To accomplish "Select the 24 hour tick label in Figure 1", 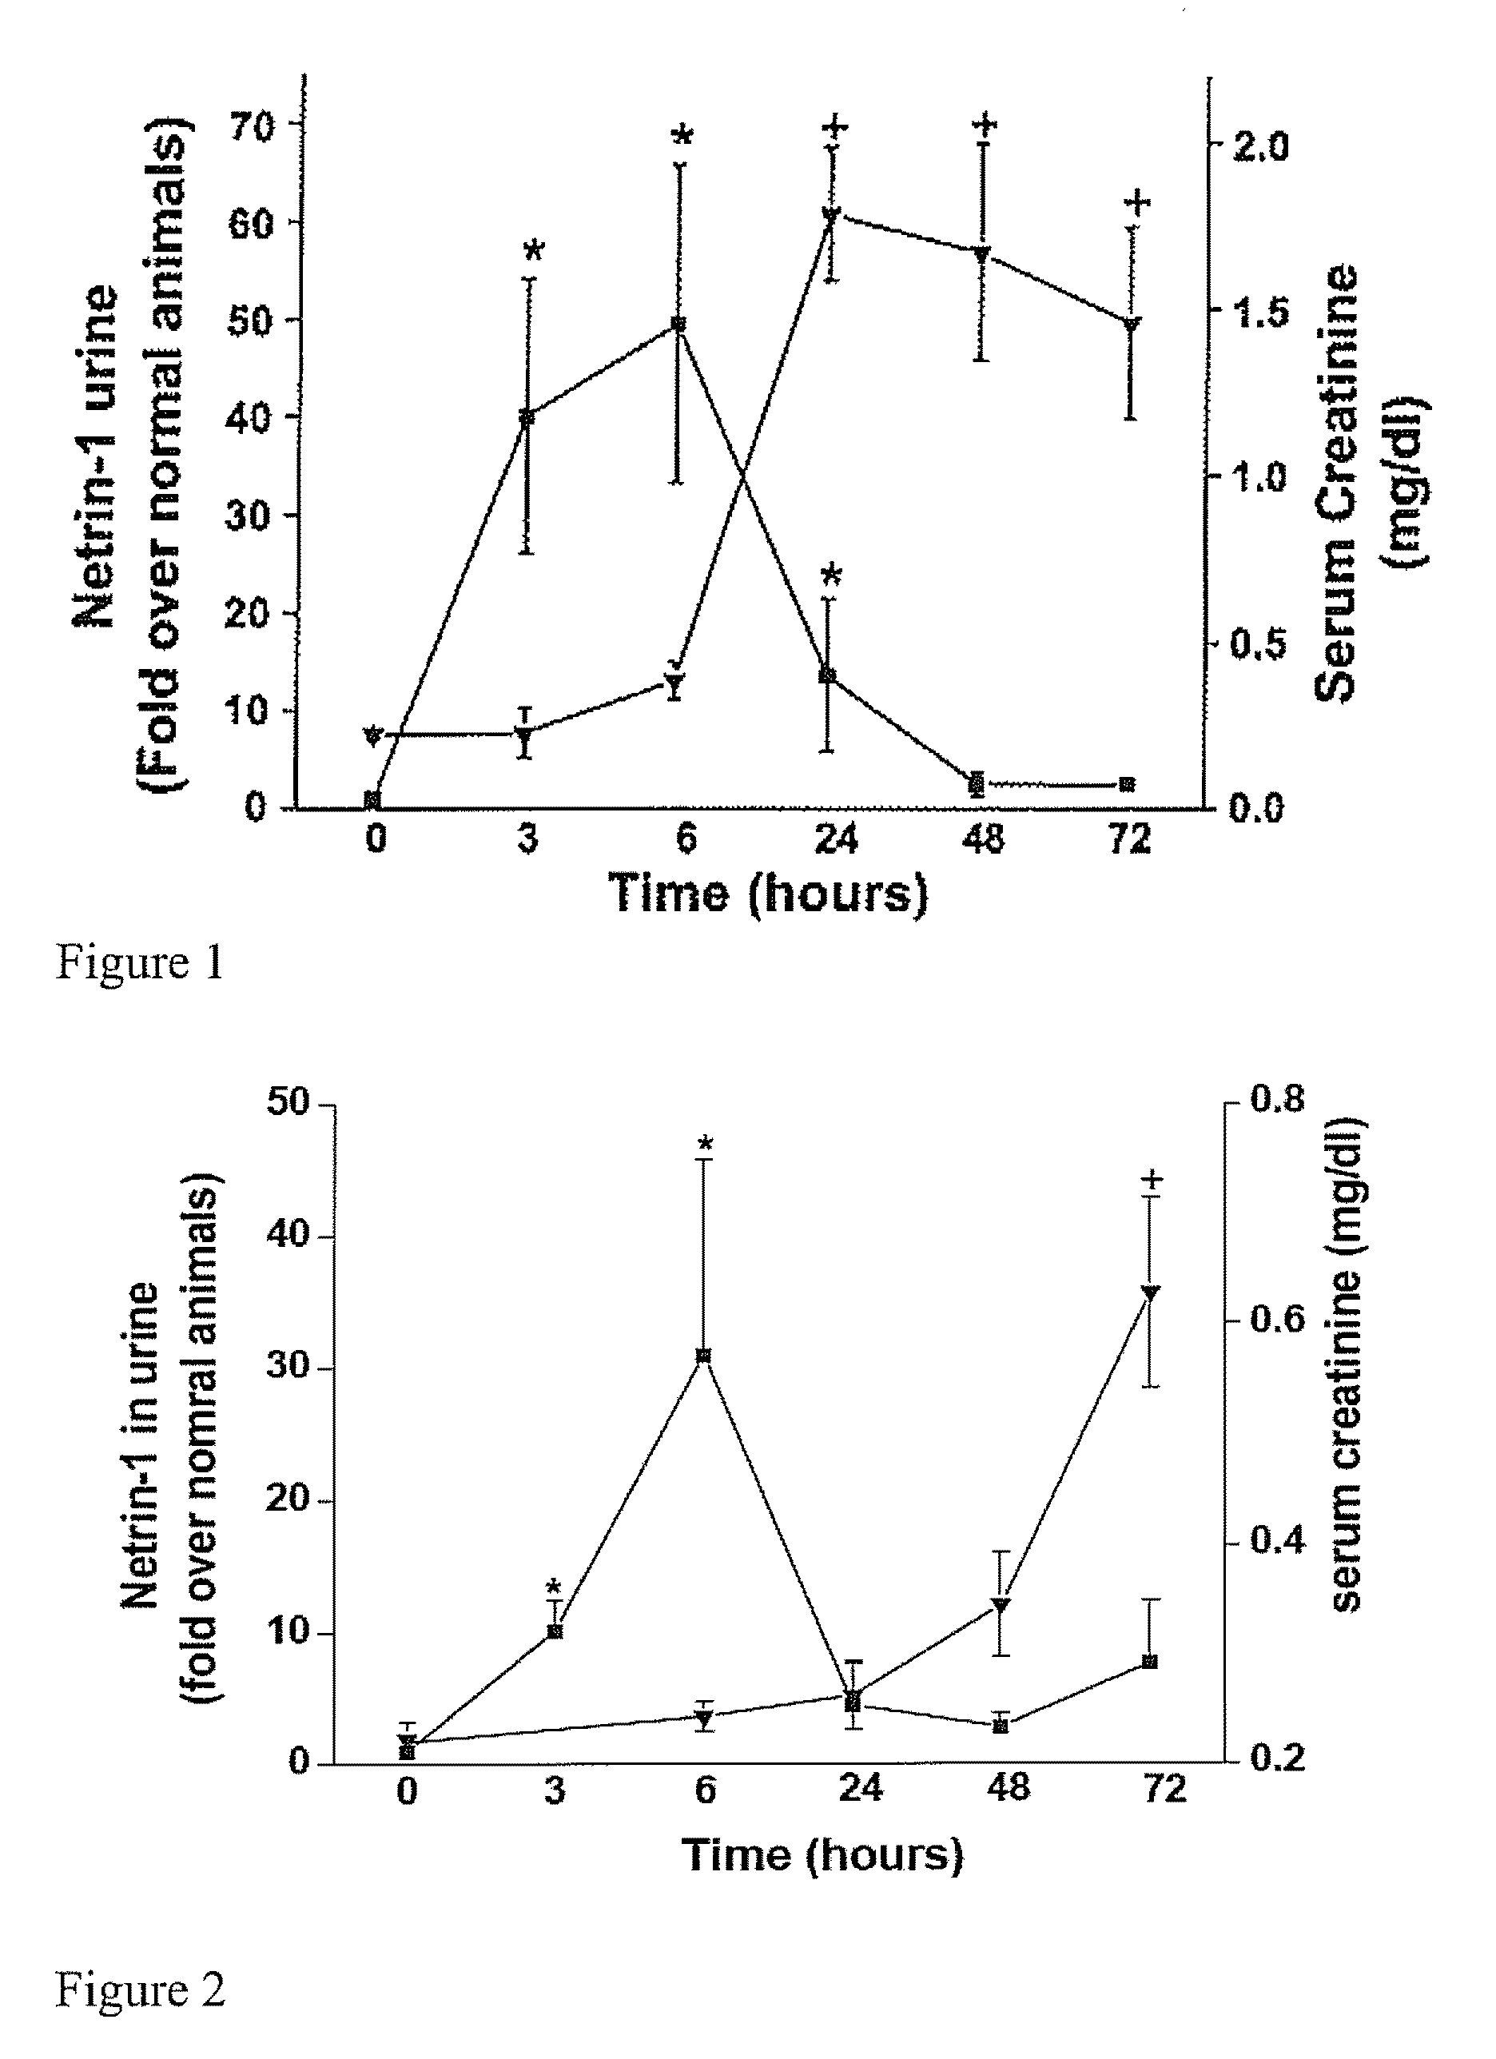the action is pos(835,838).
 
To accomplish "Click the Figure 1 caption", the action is pos(140,962).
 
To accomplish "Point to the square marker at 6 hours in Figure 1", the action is pos(677,323).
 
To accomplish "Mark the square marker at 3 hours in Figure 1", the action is pos(527,416).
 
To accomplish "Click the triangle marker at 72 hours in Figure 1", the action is pos(1131,324).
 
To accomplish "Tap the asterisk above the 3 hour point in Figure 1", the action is pos(534,249).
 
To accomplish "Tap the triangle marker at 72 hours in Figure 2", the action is pos(1149,1292).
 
